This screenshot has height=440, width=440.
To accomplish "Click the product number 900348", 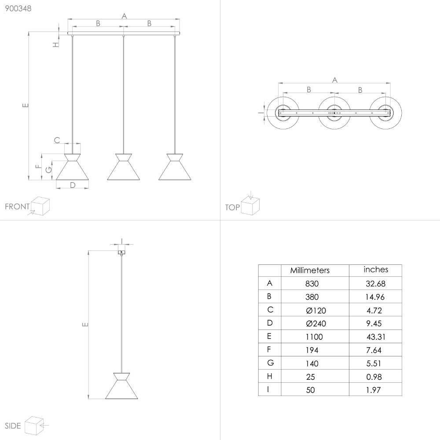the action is click(x=18, y=8).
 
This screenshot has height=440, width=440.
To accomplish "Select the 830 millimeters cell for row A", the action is click(x=312, y=283).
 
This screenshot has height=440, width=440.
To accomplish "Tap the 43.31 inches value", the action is click(x=376, y=337).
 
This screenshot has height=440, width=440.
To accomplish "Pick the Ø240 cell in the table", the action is click(x=316, y=323).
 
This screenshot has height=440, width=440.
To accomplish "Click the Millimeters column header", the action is click(x=310, y=270).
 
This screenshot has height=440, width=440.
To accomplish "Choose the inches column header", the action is click(x=376, y=270).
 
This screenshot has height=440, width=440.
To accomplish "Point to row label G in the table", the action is click(x=270, y=363).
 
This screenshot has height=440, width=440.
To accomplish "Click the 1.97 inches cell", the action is click(x=374, y=390).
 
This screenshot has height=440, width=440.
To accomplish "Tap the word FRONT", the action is click(x=17, y=206).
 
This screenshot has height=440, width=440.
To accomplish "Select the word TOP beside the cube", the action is click(x=232, y=207).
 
